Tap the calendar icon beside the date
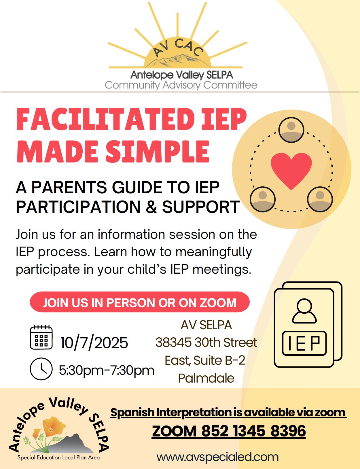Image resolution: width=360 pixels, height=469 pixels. (41, 337)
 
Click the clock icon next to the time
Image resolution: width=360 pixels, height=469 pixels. (41, 369)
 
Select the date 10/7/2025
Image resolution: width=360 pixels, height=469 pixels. (94, 343)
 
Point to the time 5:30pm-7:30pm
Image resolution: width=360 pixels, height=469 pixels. (107, 370)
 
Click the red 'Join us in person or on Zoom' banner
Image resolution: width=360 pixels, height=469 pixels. (140, 302)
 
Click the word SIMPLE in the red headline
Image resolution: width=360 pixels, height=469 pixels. (158, 151)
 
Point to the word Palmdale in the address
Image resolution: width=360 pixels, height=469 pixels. (206, 378)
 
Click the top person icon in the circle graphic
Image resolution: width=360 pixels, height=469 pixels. (291, 130)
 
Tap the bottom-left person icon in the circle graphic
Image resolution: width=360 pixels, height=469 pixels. (262, 199)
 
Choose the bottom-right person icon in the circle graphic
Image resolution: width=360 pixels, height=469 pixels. (320, 199)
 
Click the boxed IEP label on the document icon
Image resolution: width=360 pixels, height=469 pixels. (304, 343)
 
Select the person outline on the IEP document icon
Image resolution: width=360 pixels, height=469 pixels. (304, 311)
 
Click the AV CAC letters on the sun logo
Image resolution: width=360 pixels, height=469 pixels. (178, 48)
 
